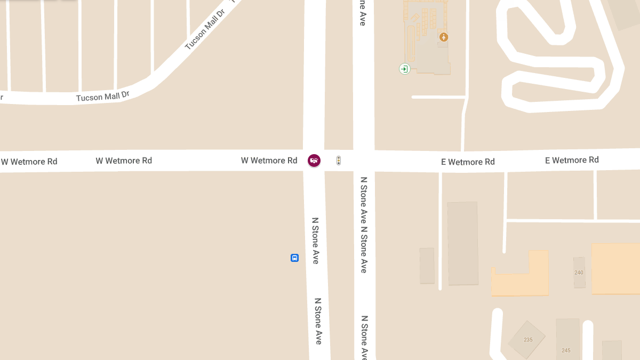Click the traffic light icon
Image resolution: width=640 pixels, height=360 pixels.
pos(338,160)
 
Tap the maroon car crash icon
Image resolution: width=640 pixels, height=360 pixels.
pos(314,160)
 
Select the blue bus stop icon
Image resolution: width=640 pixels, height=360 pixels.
pos(294,258)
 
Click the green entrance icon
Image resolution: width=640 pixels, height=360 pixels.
pos(404,68)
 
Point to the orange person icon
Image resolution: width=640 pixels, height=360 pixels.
pos(443,37)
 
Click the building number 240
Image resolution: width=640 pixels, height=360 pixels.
pos(579,273)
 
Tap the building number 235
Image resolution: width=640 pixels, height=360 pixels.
pos(528,340)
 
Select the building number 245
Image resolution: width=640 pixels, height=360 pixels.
pos(566,350)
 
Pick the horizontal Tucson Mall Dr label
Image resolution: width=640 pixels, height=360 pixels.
pos(102,97)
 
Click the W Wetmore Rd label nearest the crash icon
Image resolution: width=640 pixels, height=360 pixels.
pos(269,160)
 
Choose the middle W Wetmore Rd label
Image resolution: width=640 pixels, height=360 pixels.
pos(124,161)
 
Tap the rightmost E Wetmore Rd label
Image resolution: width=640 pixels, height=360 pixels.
pos(572,160)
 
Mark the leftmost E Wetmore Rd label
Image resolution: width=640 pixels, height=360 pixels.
pos(468,162)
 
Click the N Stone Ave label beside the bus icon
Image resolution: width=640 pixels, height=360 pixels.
pos(315,241)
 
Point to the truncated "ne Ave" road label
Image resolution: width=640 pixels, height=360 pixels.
pos(363,13)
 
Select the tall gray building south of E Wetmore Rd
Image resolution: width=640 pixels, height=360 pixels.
pos(462,243)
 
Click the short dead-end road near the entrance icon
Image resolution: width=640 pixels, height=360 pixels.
pos(437,97)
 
